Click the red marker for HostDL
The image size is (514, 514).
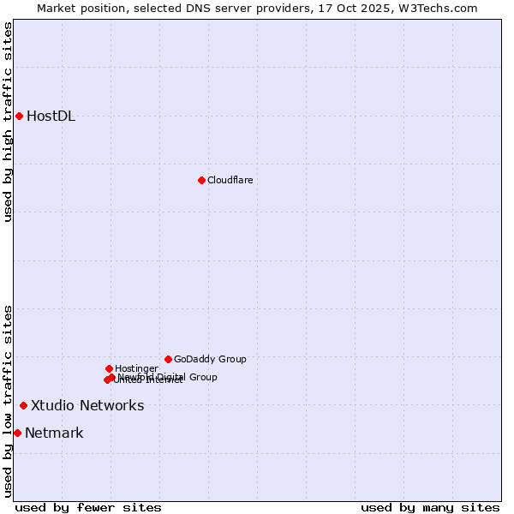point(19,116)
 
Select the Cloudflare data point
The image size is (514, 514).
point(201,180)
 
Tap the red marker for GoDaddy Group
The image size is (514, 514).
point(168,359)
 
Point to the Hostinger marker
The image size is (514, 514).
point(109,368)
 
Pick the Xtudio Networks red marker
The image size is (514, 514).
point(23,405)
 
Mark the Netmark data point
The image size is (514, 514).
point(17,433)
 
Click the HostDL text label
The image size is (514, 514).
point(51,117)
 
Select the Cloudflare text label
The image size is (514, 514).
point(230,180)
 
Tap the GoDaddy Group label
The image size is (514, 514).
point(210,359)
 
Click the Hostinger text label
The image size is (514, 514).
point(136,368)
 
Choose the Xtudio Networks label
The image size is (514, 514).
point(87,405)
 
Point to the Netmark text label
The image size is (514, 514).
point(54,433)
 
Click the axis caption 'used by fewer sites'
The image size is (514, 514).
point(88,507)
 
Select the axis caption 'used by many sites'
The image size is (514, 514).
point(430,507)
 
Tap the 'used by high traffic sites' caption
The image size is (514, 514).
point(9,122)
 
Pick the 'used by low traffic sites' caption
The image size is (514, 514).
point(9,400)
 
